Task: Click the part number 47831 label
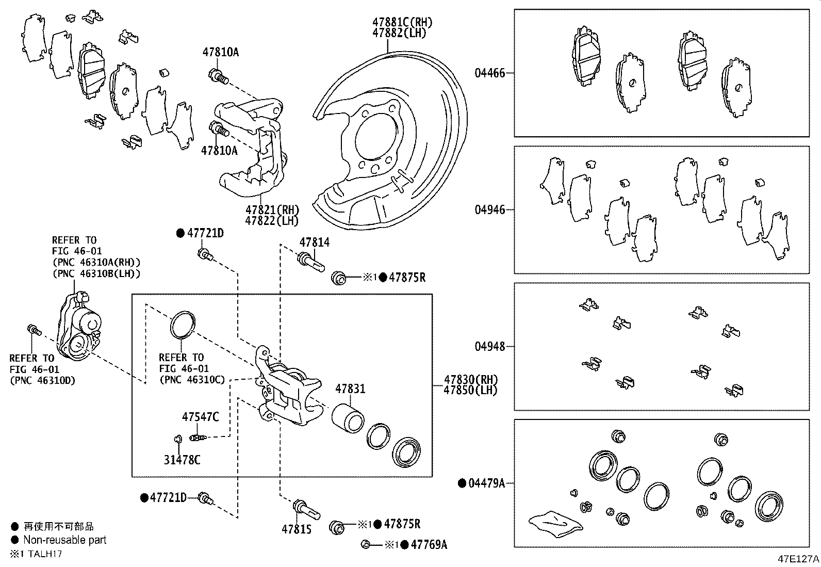tap(350, 389)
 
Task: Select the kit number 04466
tap(489, 73)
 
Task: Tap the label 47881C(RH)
tap(402, 22)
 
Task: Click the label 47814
tap(315, 242)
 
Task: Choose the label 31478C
tap(182, 460)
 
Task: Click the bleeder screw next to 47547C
tap(199, 438)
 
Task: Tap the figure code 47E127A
tap(798, 559)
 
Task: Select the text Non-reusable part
tap(65, 540)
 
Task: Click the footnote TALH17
tap(45, 554)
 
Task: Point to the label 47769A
tap(429, 545)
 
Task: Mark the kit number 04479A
tap(486, 483)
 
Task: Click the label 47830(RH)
tap(470, 380)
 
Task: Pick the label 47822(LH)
tap(272, 221)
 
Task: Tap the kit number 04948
tap(489, 346)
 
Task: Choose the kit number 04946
tap(489, 210)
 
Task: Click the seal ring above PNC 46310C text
tap(183, 325)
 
